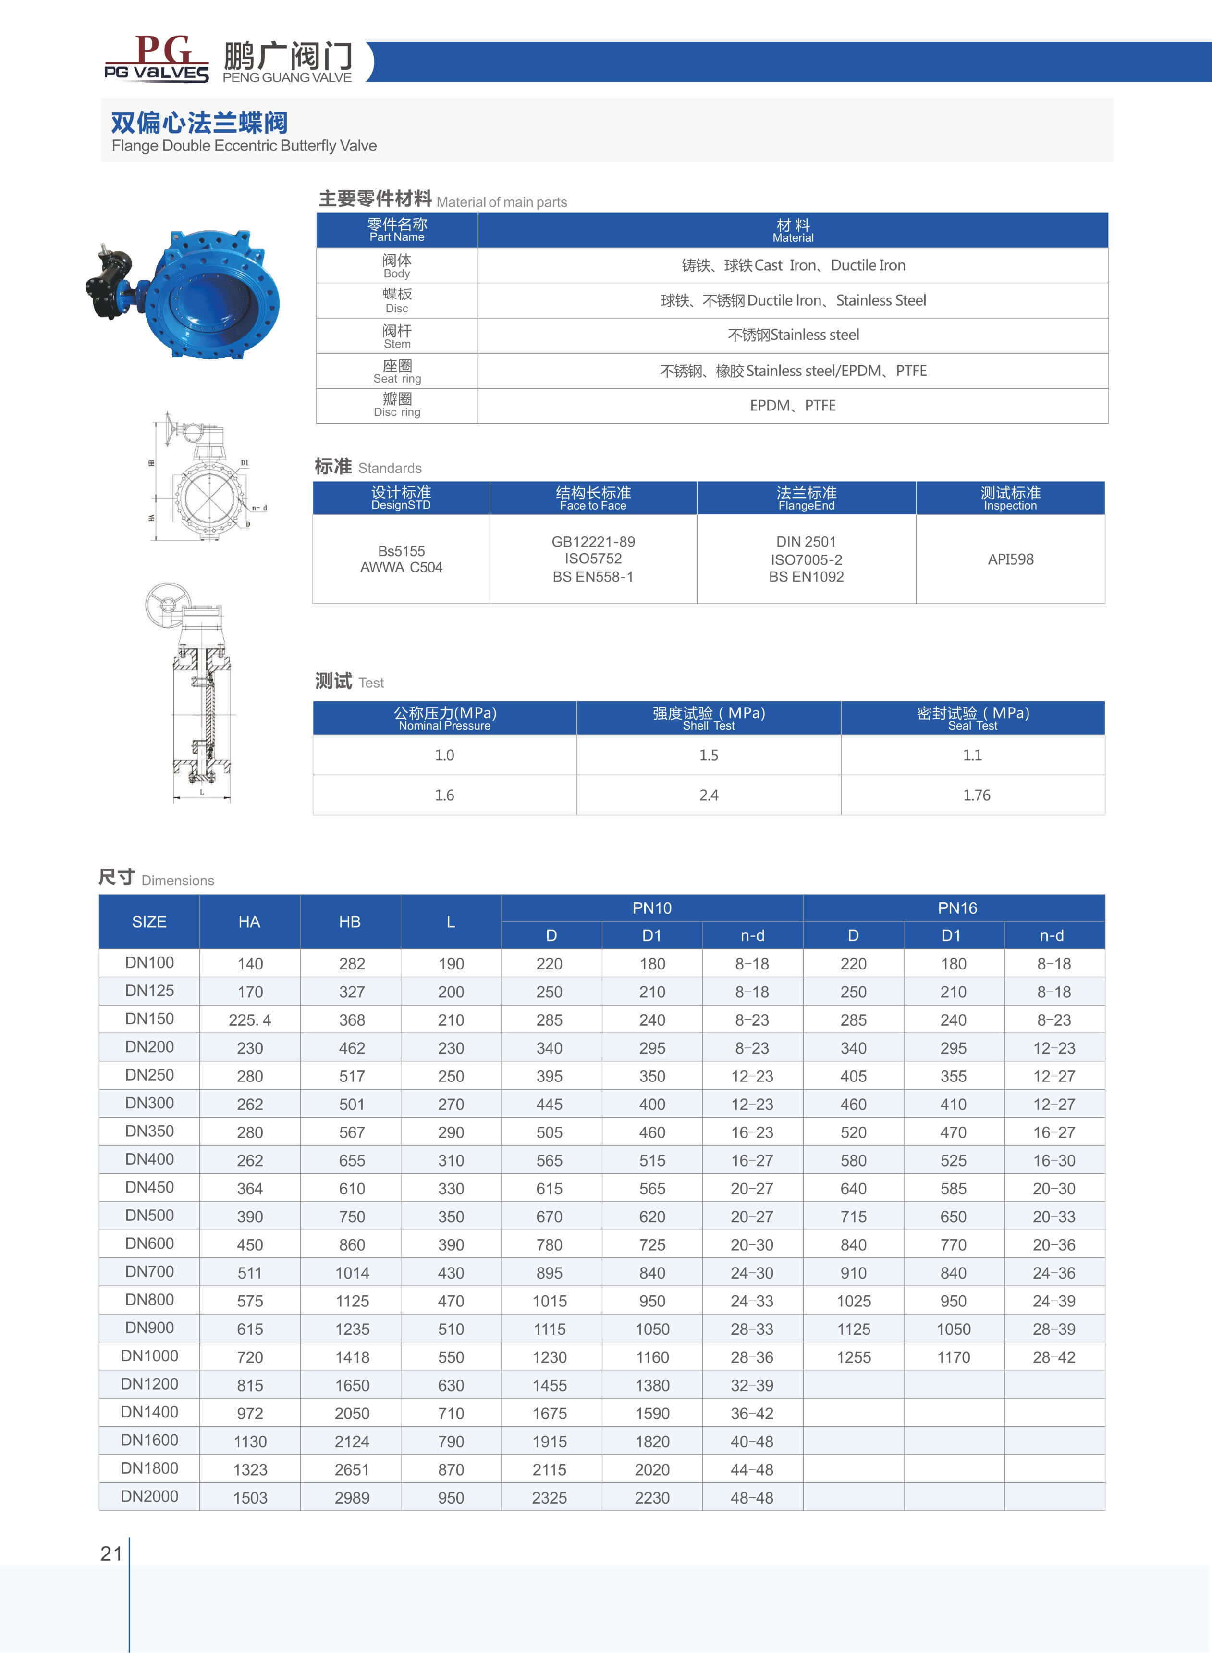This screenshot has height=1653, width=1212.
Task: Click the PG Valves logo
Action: tap(156, 59)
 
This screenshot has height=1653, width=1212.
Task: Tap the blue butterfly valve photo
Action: tap(184, 294)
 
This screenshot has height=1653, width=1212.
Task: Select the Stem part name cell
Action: tap(397, 336)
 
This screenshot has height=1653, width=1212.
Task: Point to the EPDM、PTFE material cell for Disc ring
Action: tap(792, 406)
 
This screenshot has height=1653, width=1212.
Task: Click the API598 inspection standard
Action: tap(1010, 559)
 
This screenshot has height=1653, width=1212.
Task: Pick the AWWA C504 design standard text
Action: tap(401, 567)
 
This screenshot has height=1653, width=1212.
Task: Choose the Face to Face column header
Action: tap(593, 497)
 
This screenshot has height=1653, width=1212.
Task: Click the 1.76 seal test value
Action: tap(976, 795)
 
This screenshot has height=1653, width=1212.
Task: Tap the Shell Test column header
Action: tap(709, 718)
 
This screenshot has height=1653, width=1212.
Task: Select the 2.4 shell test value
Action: tap(709, 795)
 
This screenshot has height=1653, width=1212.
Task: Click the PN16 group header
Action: tap(957, 908)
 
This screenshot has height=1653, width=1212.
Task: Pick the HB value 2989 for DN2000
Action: tap(352, 1497)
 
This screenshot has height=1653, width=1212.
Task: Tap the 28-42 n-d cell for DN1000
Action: tap(1053, 1357)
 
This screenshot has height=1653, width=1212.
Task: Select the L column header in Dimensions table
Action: tap(451, 922)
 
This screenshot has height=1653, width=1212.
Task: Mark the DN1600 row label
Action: tap(150, 1440)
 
